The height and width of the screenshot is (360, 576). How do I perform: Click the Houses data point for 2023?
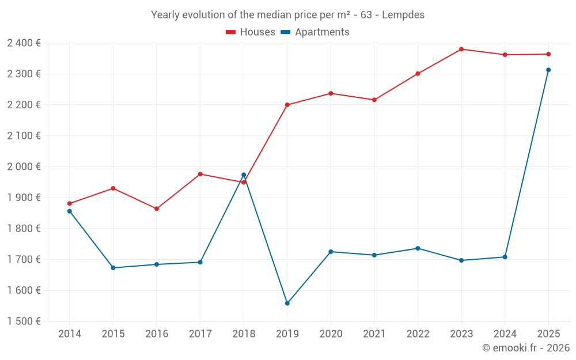(x=461, y=49)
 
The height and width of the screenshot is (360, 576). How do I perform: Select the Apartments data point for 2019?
(x=287, y=304)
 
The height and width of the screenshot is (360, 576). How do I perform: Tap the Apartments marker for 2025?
(x=548, y=70)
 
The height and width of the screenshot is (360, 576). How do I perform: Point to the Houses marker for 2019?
(x=287, y=105)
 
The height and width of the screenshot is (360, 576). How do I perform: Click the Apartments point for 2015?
(x=113, y=268)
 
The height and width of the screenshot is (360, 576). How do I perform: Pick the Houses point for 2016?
(x=157, y=209)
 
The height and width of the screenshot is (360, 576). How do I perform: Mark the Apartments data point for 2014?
(x=70, y=211)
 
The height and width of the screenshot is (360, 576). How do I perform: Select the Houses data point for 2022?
(x=418, y=74)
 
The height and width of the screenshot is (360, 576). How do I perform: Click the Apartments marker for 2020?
(x=331, y=252)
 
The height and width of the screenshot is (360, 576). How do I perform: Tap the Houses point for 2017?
(x=200, y=174)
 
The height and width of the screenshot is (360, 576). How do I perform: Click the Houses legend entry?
(x=251, y=32)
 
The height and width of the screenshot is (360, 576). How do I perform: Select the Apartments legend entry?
(x=315, y=32)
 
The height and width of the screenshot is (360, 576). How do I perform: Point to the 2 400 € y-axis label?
(x=24, y=43)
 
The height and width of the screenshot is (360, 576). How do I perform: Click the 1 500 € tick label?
(x=24, y=321)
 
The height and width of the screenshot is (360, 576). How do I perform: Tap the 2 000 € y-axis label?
(x=24, y=166)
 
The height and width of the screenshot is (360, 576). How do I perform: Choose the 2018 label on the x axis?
(x=244, y=334)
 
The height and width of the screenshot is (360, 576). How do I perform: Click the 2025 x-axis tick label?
(x=548, y=334)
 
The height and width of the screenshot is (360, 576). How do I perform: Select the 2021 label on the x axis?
(x=374, y=334)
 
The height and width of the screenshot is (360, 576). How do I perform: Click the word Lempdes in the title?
(x=403, y=15)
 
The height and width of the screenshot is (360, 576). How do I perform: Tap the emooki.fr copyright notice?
(x=526, y=347)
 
